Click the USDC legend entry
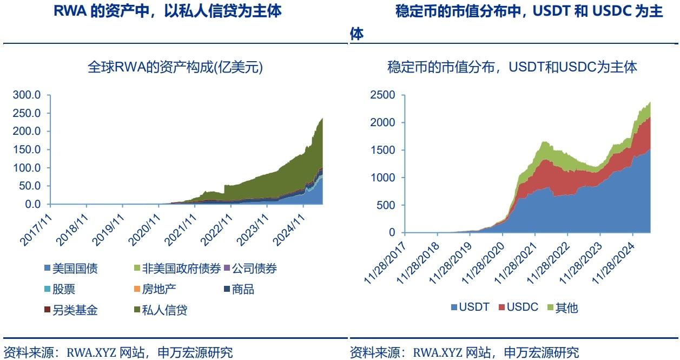tap(518, 307)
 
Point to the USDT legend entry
tap(469, 307)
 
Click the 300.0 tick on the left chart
tap(27, 95)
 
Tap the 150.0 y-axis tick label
tap(27, 150)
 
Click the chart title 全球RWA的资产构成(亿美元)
tap(175, 68)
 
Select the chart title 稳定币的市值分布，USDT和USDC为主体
tap(512, 68)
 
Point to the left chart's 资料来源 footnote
tap(118, 353)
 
